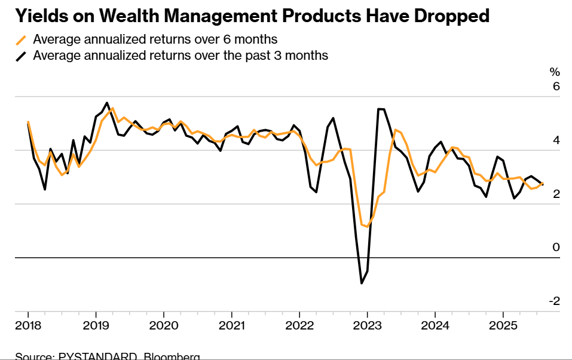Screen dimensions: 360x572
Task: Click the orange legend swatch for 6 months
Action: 22,40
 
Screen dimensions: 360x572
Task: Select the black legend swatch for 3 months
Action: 22,56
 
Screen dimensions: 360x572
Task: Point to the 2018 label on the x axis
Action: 27,327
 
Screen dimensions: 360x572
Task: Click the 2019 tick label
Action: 96,327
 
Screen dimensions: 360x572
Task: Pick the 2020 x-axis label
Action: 163,327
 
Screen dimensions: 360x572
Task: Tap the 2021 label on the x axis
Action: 231,327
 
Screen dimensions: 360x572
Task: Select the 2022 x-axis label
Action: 299,327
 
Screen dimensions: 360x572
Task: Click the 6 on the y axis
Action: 556,87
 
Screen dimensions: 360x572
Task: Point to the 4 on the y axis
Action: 556,141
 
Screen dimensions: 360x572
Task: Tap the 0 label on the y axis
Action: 556,248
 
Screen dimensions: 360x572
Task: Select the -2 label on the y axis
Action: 553,301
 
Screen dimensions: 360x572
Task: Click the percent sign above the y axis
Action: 555,72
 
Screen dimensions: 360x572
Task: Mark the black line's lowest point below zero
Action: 362,283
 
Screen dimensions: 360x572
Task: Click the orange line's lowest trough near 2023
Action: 368,227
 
